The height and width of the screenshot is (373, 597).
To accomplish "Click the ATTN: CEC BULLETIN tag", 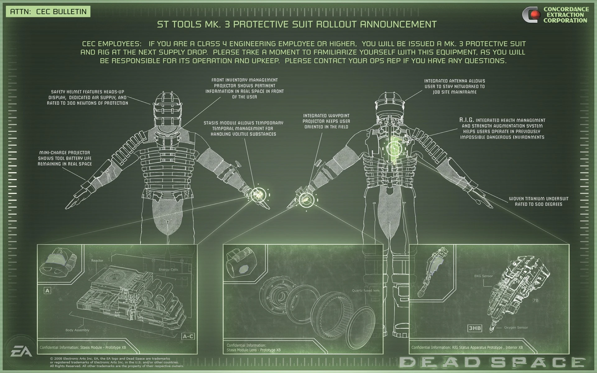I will pos(48,12).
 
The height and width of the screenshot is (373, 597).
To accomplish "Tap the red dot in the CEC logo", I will pos(535,14).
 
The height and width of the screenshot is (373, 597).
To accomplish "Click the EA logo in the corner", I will pos(21,352).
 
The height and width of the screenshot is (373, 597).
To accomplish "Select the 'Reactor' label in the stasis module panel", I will pos(97,260).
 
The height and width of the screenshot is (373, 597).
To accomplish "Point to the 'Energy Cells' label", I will pos(168,269).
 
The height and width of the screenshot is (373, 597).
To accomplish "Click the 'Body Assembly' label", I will pos(77,330).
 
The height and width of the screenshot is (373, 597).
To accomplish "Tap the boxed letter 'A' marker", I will pos(47,291).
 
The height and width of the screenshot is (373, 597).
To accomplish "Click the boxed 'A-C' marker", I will pos(188,336).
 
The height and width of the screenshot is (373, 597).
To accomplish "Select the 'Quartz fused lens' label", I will pos(366,291).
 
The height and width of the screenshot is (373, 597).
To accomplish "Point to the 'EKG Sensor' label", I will pos(483,276).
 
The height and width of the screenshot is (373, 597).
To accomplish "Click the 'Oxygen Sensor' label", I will pos(516,328).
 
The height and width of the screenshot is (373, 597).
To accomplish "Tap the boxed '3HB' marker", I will pos(475,328).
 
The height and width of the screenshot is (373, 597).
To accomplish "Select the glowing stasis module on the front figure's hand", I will pos(257,195).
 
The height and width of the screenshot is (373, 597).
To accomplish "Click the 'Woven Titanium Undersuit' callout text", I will pos(539,201).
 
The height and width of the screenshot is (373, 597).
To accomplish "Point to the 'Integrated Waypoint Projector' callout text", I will pos(326,121).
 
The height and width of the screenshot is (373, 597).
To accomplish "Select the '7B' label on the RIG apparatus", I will pos(535,301).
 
